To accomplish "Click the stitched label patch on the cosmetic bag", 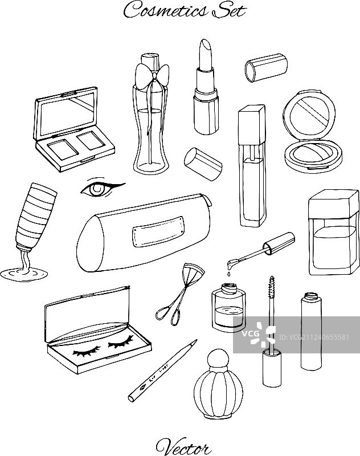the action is (x=159, y=231).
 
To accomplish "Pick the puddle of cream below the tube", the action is (x=24, y=274).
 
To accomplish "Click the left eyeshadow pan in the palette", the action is (x=63, y=149).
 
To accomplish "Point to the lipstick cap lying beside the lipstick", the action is (x=203, y=164).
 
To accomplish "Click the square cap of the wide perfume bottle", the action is (x=334, y=204).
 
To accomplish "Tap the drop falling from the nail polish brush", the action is (x=228, y=274).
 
